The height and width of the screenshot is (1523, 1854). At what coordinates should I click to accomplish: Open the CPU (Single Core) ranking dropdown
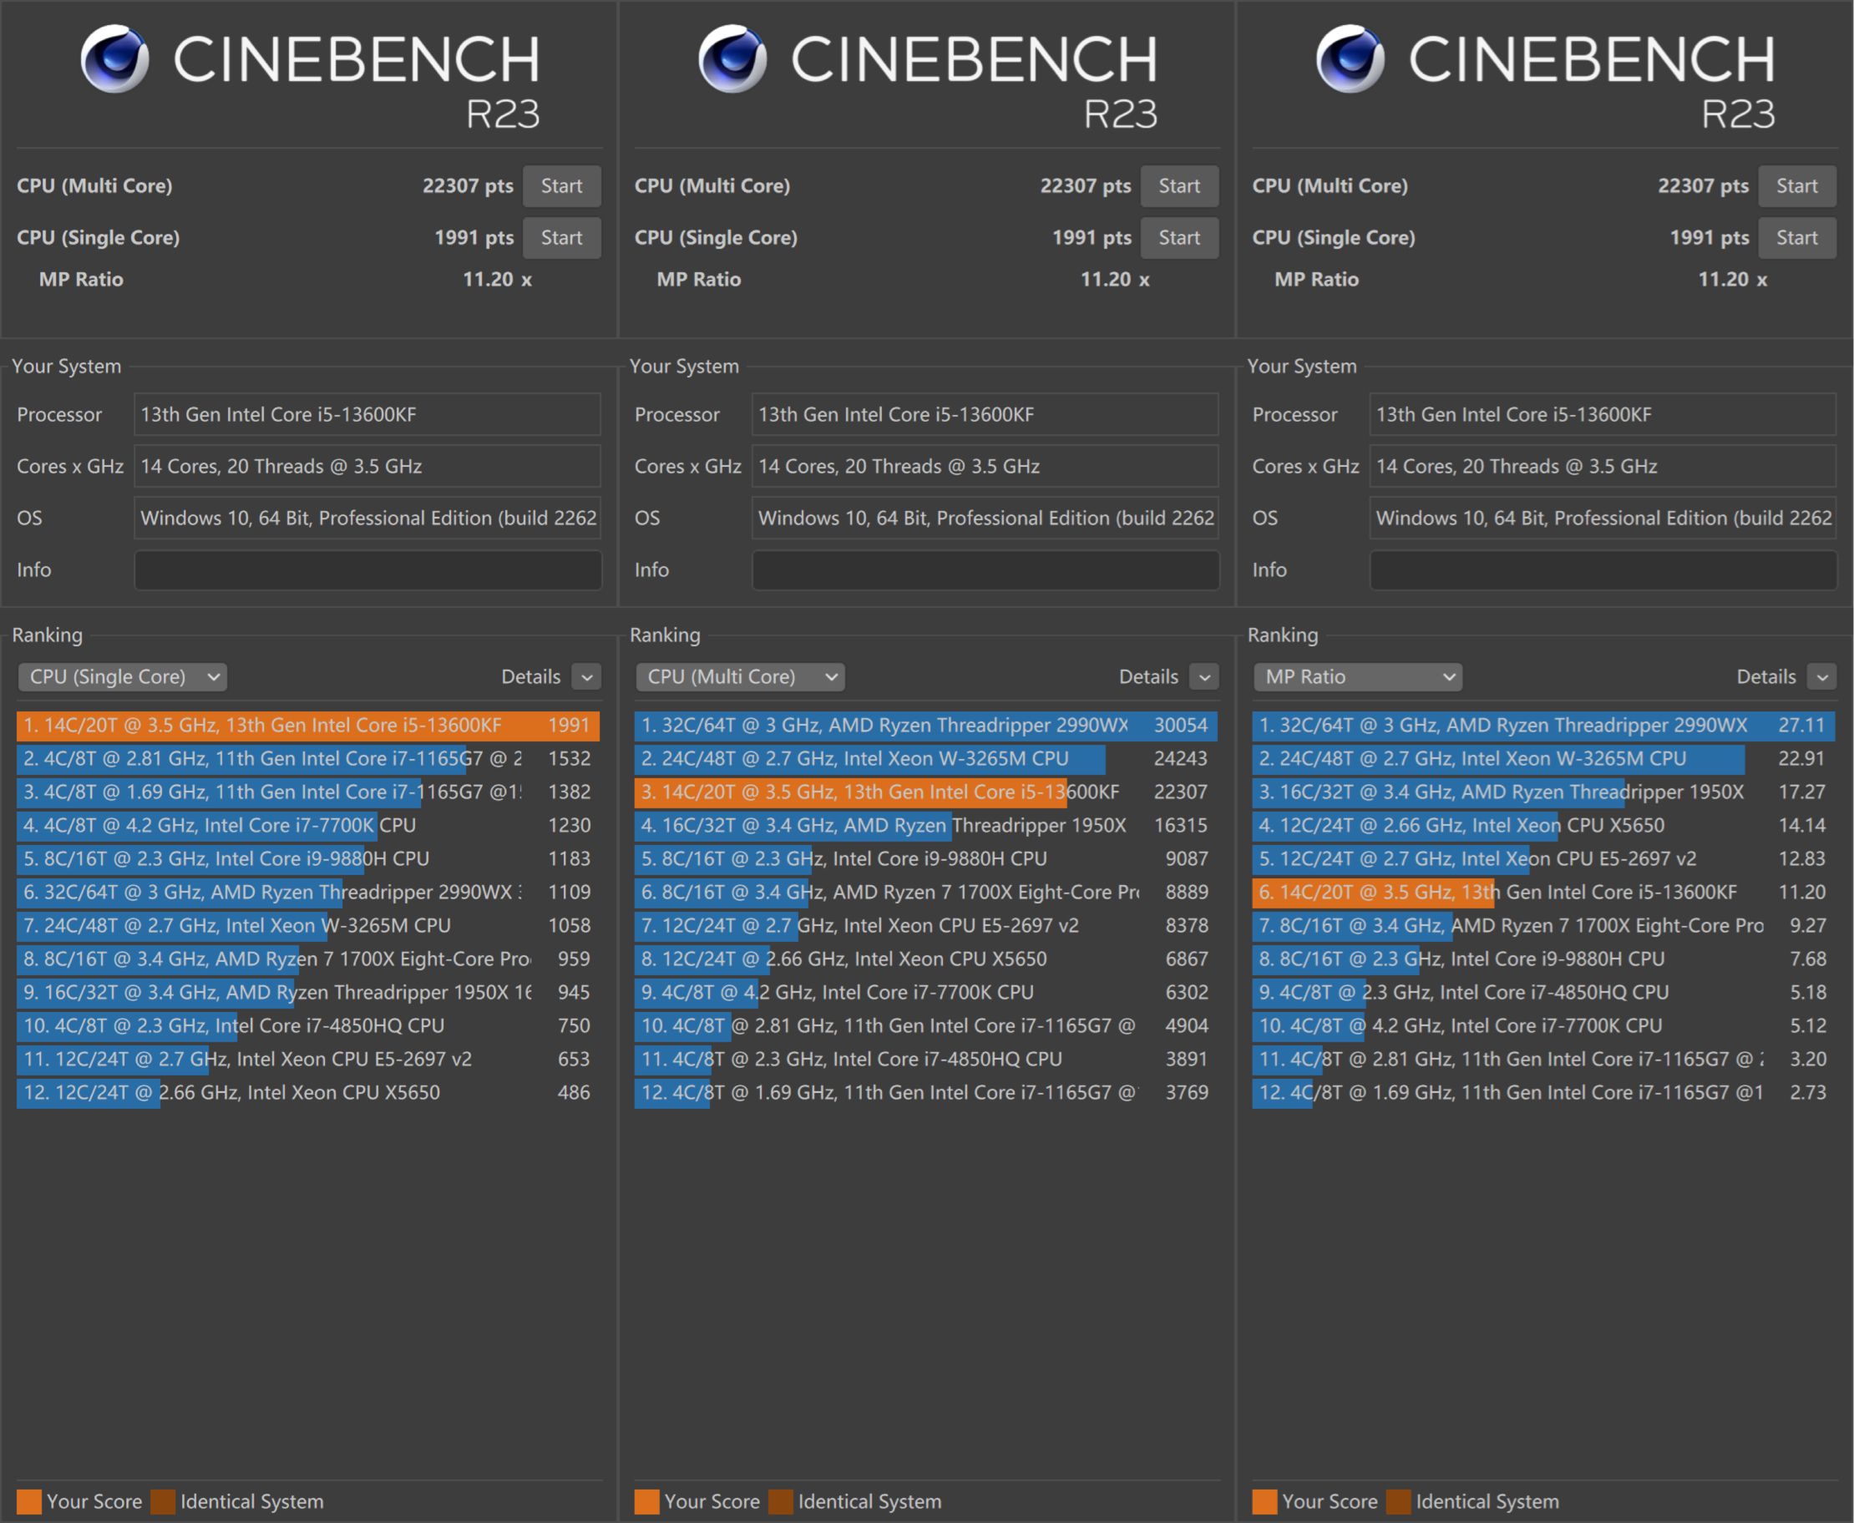pyautogui.click(x=122, y=676)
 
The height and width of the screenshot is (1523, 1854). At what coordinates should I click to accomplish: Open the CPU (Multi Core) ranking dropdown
pyautogui.click(x=740, y=676)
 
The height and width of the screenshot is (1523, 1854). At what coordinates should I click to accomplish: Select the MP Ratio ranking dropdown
pyautogui.click(x=1357, y=676)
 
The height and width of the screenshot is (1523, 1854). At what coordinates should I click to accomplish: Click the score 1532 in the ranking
pyautogui.click(x=570, y=758)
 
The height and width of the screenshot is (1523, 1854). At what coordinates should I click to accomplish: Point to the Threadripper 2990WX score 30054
pyautogui.click(x=1181, y=725)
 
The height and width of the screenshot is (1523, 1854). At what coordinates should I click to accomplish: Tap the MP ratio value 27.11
pyautogui.click(x=1801, y=725)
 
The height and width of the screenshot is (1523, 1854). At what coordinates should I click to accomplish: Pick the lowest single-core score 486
pyautogui.click(x=574, y=1092)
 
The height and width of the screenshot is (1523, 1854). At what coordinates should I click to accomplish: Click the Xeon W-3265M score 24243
pyautogui.click(x=1181, y=758)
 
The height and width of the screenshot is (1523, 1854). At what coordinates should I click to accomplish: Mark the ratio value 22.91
pyautogui.click(x=1801, y=758)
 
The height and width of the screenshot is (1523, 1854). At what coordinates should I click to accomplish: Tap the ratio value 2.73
pyautogui.click(x=1808, y=1092)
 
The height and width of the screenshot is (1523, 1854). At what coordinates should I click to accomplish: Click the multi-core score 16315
pyautogui.click(x=1181, y=825)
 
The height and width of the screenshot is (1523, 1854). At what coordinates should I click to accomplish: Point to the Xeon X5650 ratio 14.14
pyautogui.click(x=1801, y=825)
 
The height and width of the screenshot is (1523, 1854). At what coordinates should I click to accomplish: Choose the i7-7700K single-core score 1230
pyautogui.click(x=570, y=825)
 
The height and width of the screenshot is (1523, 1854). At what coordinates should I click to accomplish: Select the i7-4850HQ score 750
pyautogui.click(x=574, y=1025)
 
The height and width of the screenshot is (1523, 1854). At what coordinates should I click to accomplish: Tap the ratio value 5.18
pyautogui.click(x=1808, y=992)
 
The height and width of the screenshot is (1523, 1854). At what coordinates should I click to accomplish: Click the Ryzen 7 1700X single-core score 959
pyautogui.click(x=574, y=959)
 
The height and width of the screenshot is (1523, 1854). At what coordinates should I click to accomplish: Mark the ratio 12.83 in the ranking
pyautogui.click(x=1801, y=858)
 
